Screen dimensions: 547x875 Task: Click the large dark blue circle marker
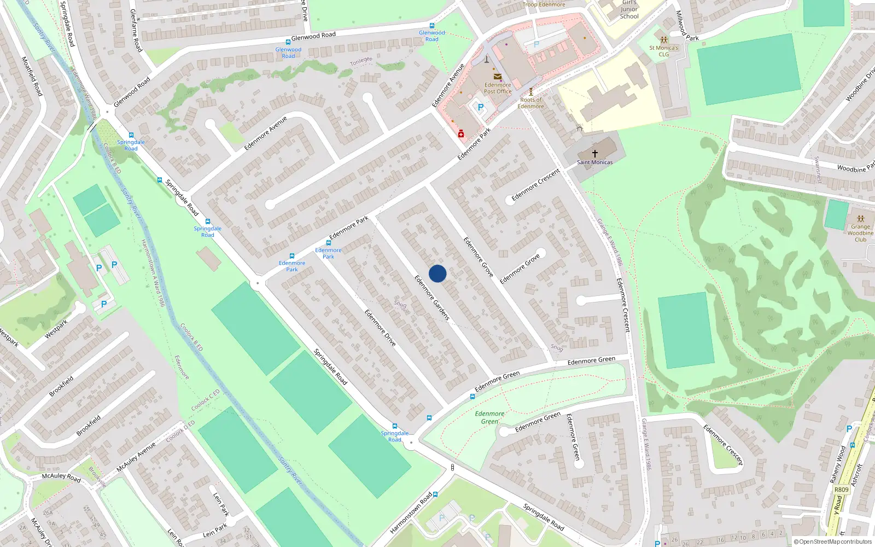tap(437, 273)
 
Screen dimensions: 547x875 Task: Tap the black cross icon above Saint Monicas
tap(594, 154)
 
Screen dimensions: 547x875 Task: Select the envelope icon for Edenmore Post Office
tap(498, 77)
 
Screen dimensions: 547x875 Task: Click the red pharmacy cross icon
tap(461, 133)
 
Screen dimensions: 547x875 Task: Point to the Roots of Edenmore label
tap(530, 103)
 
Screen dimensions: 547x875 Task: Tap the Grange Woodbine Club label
tap(860, 233)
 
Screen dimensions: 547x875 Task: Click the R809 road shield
tap(842, 490)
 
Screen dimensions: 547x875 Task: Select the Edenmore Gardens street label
tap(431, 298)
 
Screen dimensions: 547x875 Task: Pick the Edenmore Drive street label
tap(380, 328)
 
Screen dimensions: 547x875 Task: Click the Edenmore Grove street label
tap(479, 257)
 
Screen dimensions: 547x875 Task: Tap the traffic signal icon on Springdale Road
tap(452, 468)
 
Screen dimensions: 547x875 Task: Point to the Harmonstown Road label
tap(411, 513)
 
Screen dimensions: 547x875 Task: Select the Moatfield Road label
tap(32, 76)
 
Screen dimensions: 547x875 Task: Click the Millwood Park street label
tap(687, 26)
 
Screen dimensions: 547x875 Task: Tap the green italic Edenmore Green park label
tap(489, 417)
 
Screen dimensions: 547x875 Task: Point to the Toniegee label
tap(361, 61)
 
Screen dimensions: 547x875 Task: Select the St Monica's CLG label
tap(663, 51)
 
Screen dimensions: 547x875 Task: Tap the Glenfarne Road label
tap(136, 31)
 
